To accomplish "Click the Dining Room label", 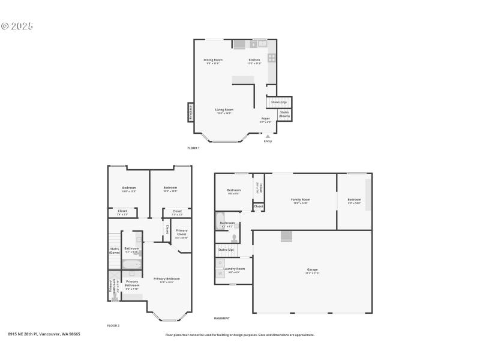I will click(213, 59).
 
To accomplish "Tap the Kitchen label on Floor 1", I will click(254, 59).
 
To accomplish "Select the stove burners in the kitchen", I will click(271, 58).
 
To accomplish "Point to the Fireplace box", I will click(191, 112).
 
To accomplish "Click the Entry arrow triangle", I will click(268, 136).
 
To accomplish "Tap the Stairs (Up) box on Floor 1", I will click(278, 102).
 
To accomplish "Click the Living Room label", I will click(224, 110).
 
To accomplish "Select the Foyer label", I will click(265, 119).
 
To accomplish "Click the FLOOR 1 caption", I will click(193, 148).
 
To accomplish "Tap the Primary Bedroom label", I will click(166, 278).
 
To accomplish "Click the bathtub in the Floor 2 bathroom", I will click(132, 263).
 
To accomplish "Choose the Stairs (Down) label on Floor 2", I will click(114, 250).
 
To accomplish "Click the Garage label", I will click(313, 269).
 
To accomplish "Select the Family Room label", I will click(301, 199).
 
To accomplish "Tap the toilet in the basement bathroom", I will click(233, 238).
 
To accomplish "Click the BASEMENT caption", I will click(222, 318).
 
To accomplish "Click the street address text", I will click(44, 334).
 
